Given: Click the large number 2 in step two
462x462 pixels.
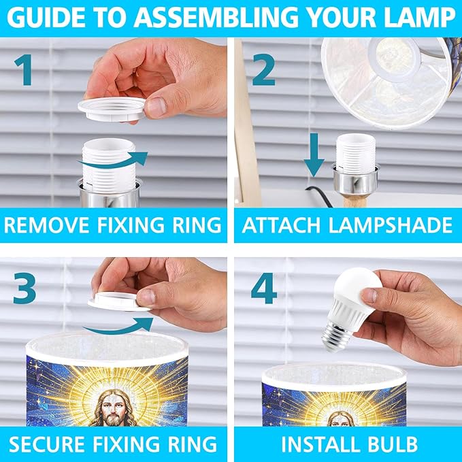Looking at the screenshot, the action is click(x=263, y=70).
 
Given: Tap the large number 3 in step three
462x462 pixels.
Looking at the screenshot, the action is click(x=24, y=288).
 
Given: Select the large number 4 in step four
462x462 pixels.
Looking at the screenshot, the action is click(x=264, y=288).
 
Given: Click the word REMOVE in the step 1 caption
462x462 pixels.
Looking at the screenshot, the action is click(x=47, y=225).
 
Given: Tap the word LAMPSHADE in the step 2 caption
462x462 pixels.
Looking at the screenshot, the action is click(x=390, y=225).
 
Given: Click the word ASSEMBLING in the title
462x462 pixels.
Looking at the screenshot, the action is click(x=216, y=18).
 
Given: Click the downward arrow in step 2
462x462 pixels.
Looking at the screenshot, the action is click(x=314, y=155).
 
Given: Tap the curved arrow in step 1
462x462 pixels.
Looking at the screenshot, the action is click(x=114, y=161).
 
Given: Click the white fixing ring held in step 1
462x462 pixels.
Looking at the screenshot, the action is click(x=112, y=110).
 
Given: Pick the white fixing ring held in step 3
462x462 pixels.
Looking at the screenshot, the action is click(x=118, y=301).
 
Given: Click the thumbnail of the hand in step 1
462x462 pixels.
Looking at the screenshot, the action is click(x=156, y=107).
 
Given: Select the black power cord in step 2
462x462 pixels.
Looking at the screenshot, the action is click(x=319, y=196).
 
